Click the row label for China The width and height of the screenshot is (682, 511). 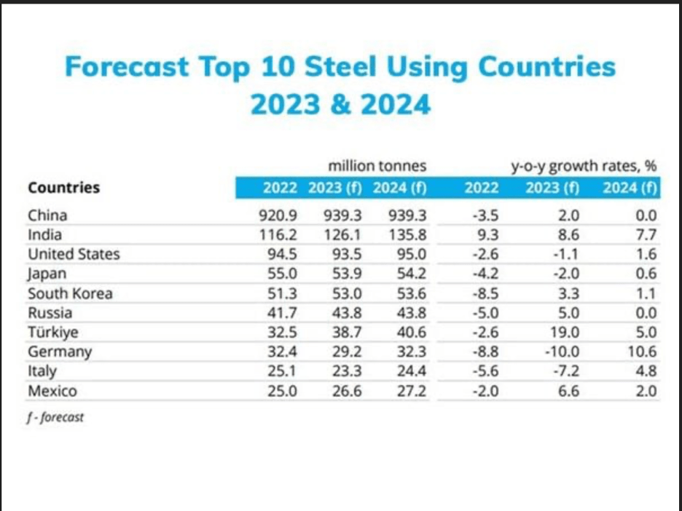[x=47, y=215]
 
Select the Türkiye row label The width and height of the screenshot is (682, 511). [x=54, y=333]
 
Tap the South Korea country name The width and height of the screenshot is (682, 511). [x=70, y=293]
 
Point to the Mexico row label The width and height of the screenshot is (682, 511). [x=52, y=392]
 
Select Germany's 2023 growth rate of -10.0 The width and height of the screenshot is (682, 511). [x=562, y=352]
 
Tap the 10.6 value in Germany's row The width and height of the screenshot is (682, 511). [x=642, y=352]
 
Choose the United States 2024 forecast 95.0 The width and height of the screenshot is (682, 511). [x=410, y=255]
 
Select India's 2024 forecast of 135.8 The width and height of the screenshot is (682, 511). [x=407, y=235]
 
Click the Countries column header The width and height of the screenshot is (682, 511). [x=64, y=188]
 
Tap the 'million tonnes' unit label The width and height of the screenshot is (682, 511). [x=377, y=166]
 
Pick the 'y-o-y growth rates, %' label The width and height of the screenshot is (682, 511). [x=584, y=166]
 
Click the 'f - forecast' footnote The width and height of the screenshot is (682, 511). [x=56, y=418]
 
